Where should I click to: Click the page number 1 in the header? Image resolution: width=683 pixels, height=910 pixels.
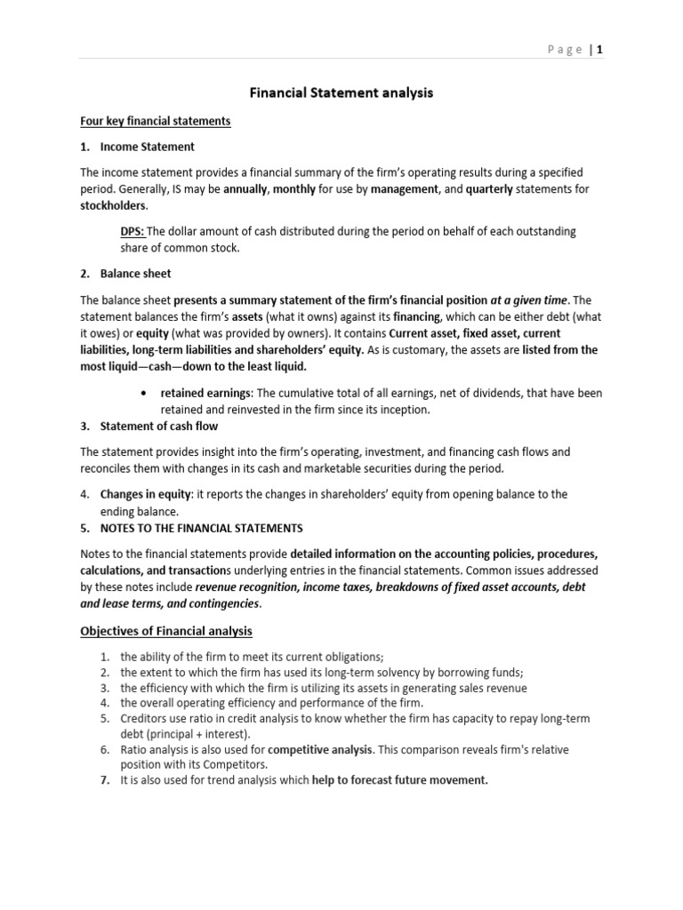point(600,50)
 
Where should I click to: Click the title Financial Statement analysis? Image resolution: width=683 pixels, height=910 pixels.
point(340,93)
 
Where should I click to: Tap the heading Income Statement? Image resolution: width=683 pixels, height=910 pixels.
point(147,147)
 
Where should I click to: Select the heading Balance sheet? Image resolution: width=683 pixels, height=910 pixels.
point(135,274)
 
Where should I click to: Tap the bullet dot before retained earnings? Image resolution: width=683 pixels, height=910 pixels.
point(144,393)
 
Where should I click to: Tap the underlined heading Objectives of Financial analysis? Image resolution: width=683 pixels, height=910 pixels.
point(166,631)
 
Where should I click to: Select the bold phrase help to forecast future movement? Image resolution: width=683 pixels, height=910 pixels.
point(400,780)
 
